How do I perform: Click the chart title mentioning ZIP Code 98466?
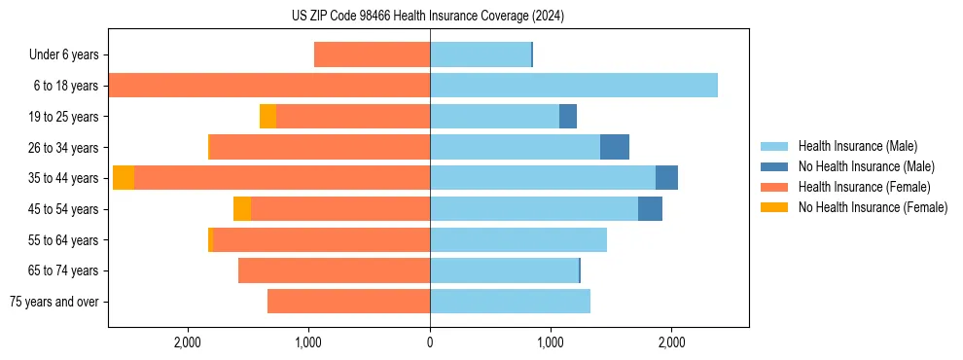(428, 16)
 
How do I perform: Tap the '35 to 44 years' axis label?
(63, 178)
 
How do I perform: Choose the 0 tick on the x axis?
(430, 342)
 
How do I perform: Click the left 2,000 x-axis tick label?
(187, 342)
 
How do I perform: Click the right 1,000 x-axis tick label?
(551, 342)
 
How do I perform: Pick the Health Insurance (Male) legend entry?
(857, 146)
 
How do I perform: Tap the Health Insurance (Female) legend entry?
(864, 187)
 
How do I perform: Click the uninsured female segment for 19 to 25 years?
(267, 117)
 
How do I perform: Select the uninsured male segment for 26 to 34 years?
(615, 147)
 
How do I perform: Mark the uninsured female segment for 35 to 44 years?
(124, 178)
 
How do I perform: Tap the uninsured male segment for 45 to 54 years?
(650, 208)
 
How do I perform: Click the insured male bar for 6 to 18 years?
(574, 86)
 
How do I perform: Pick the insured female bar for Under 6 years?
(372, 54)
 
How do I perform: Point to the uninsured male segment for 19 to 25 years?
(568, 117)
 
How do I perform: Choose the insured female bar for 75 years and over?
(348, 302)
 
